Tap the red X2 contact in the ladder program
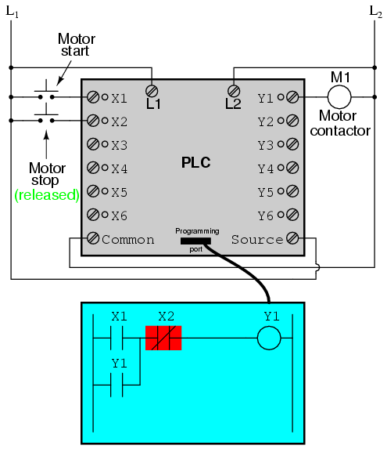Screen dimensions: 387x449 click(x=163, y=338)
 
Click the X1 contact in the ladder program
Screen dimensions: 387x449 click(x=116, y=338)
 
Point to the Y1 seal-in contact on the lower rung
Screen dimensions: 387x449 click(x=116, y=385)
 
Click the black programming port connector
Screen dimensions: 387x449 click(x=195, y=241)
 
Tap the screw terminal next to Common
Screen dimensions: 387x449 click(x=93, y=238)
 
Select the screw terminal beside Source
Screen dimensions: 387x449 click(x=292, y=238)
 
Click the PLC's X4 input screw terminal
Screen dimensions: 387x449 click(x=93, y=168)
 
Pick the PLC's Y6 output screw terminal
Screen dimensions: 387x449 click(x=292, y=215)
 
